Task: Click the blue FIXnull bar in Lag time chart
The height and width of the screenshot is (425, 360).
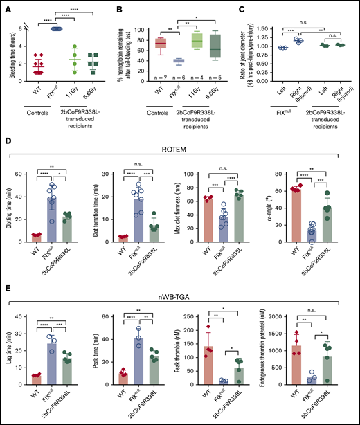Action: tap(49, 361)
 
